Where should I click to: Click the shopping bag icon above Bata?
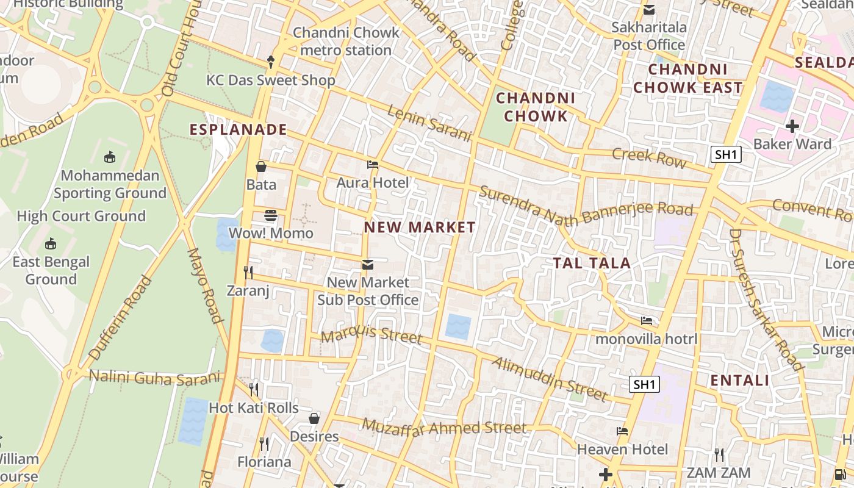[261, 167]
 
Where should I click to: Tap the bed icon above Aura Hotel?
[373, 165]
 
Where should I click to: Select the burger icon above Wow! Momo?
[271, 215]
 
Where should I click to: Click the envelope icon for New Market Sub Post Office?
[368, 264]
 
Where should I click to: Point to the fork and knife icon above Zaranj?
[248, 272]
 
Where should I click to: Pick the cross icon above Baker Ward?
[792, 126]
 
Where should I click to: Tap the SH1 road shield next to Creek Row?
[726, 154]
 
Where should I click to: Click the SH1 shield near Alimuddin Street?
[645, 384]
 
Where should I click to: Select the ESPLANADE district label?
[238, 129]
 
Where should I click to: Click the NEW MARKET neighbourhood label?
[420, 228]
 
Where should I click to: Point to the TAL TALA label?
[592, 263]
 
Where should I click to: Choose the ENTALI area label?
[740, 381]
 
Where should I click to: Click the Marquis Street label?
[371, 335]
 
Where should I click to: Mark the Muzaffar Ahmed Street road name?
[444, 426]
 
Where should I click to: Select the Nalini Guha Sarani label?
[155, 378]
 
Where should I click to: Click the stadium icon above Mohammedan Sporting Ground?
[110, 157]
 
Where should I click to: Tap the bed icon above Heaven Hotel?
[622, 431]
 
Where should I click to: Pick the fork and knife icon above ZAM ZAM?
[719, 455]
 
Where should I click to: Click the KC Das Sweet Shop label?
[271, 81]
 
